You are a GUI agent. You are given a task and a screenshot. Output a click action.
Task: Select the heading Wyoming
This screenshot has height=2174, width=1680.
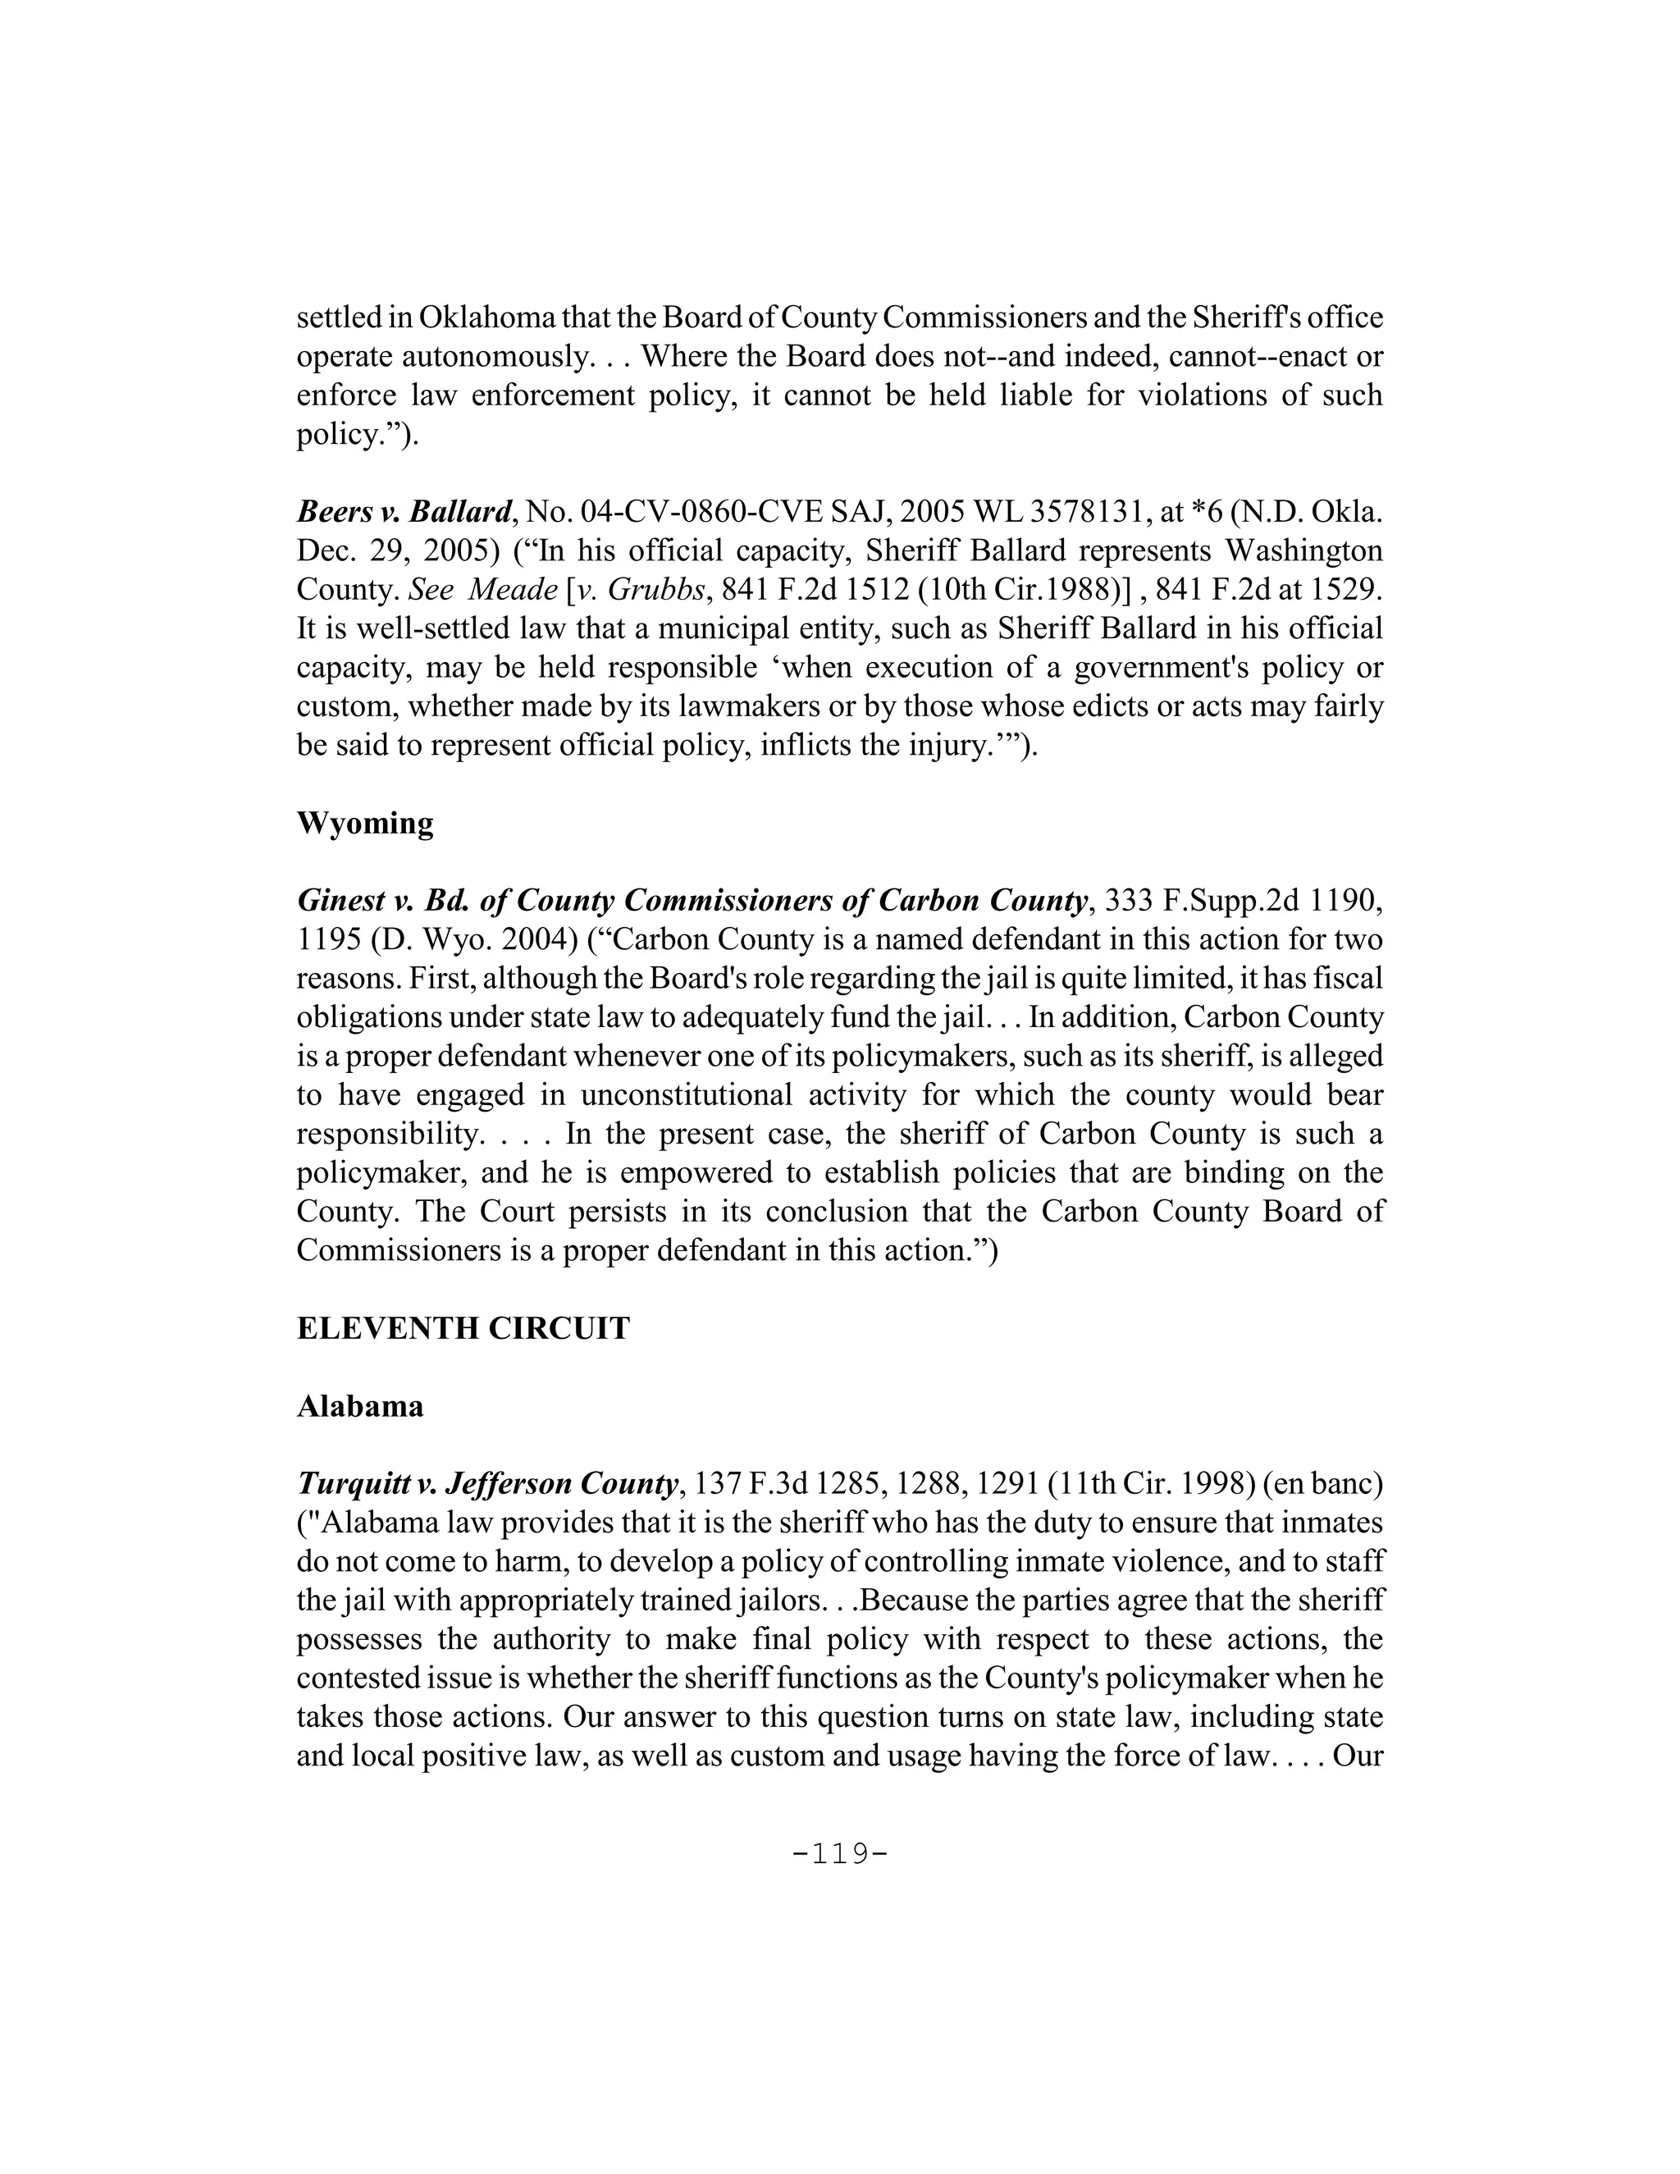[364, 824]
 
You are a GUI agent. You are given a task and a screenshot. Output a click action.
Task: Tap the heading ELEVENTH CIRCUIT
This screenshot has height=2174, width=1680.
[463, 1329]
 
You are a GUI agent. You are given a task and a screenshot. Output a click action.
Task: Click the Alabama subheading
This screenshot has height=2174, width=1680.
[359, 1406]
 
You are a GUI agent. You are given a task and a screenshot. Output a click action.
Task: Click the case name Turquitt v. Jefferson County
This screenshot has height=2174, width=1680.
[486, 1484]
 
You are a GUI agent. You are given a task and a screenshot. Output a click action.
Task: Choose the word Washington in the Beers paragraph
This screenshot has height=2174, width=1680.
[1303, 551]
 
